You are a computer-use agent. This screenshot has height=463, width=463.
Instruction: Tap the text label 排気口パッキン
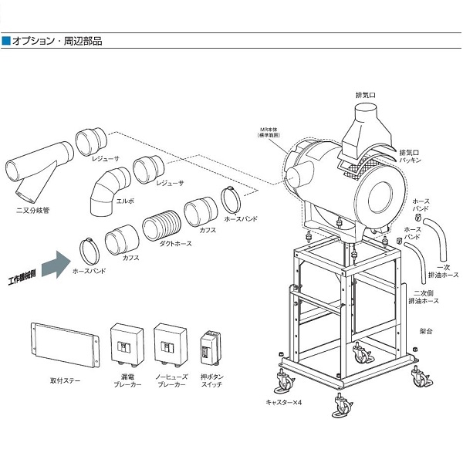point(411,156)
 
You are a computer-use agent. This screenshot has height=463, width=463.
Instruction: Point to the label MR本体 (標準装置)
point(272,132)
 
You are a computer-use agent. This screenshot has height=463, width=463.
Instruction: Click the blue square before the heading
point(6,40)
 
